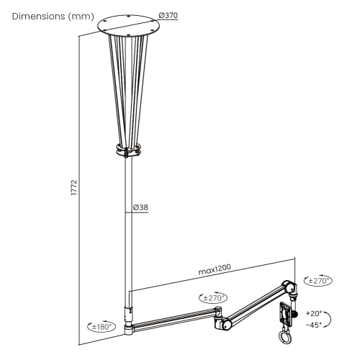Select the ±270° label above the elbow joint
(213, 297)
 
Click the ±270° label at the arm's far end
(319, 280)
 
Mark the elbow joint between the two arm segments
(224, 322)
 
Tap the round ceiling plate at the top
(130, 24)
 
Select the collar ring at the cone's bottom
(130, 151)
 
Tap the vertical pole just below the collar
(130, 180)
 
